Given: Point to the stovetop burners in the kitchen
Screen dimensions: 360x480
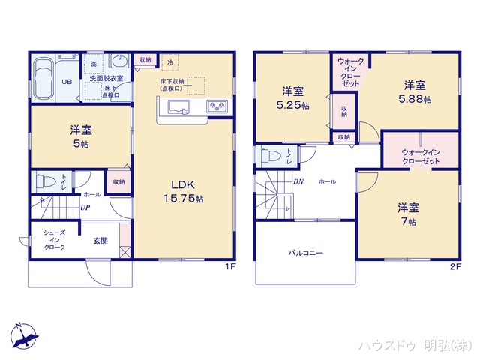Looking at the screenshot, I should tap(217, 106).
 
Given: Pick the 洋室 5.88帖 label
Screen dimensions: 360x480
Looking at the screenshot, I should tap(415, 91).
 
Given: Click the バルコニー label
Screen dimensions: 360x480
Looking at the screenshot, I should tap(306, 253).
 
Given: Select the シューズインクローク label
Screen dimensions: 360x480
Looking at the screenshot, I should tap(54, 240).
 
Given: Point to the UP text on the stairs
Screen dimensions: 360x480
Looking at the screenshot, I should tap(87, 208).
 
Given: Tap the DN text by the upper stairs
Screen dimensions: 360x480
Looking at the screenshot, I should tap(298, 182).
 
